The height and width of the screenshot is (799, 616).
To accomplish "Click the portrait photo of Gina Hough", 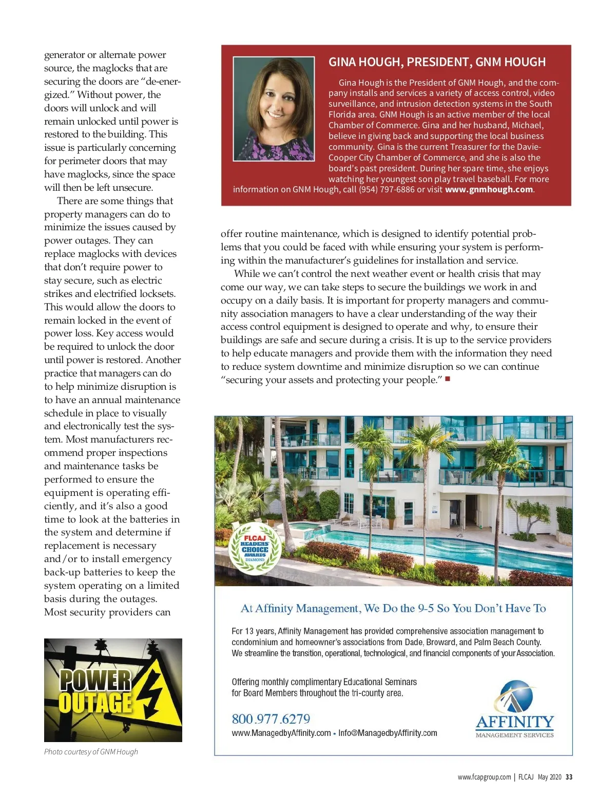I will [x=274, y=109].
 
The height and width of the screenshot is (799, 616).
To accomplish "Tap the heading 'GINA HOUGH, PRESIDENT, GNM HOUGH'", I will [x=437, y=62].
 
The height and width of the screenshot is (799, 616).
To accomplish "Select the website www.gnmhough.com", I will [x=489, y=189].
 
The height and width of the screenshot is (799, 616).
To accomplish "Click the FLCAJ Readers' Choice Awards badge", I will [x=255, y=549].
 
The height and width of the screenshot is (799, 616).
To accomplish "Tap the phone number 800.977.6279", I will [x=271, y=718].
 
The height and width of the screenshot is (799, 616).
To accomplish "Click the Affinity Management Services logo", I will [x=515, y=710].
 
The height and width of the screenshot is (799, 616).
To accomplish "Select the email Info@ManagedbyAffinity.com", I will [x=388, y=733].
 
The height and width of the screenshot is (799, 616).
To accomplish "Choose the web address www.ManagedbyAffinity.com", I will [x=281, y=733].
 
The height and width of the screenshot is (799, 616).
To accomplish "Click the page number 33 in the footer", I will [x=569, y=777].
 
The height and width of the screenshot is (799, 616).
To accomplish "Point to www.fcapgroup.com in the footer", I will [x=484, y=777].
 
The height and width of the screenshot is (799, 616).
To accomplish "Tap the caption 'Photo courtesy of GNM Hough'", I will [x=91, y=752].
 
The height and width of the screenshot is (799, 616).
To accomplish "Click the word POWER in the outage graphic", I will [x=95, y=680].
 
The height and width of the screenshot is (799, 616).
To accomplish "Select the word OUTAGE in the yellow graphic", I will [x=95, y=703].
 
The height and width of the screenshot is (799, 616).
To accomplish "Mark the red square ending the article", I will [x=448, y=379].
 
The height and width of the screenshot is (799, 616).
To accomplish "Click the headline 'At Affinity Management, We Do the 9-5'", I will [x=393, y=609].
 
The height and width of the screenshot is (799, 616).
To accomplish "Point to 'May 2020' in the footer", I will [x=549, y=777].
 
